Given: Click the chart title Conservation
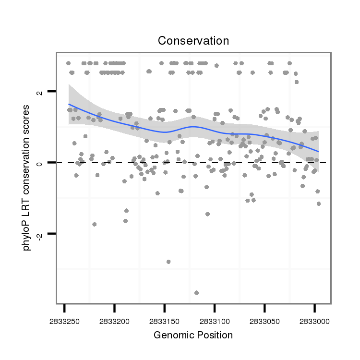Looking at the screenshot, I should [x=193, y=41].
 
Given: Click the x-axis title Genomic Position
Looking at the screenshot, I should [x=193, y=335].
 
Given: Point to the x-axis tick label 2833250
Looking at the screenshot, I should [x=64, y=320].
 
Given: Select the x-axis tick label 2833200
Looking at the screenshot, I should [x=114, y=320].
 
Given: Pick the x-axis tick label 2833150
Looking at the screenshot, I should [x=164, y=320].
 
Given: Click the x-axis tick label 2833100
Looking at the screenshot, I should [x=215, y=320].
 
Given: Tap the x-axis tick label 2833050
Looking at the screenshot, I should [x=264, y=320].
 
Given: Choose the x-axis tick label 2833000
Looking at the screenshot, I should [x=314, y=320].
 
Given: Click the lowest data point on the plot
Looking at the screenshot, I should [x=196, y=292].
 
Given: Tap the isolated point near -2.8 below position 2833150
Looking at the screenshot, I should [x=168, y=262].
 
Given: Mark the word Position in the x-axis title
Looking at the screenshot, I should [x=215, y=335].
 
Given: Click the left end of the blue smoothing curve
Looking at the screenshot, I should [x=69, y=104].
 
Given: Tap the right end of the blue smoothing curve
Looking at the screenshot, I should [x=318, y=151].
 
